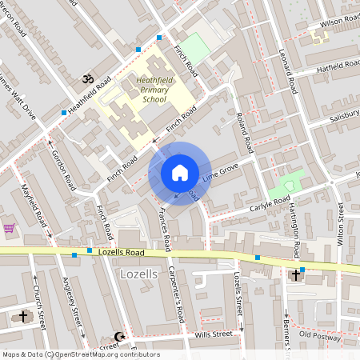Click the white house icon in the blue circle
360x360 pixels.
click(x=179, y=173)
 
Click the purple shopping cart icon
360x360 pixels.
click(x=9, y=228)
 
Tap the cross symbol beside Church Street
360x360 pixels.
click(x=22, y=316)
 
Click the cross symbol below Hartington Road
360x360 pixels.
click(x=295, y=274)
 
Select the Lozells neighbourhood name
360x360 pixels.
click(x=137, y=274)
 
